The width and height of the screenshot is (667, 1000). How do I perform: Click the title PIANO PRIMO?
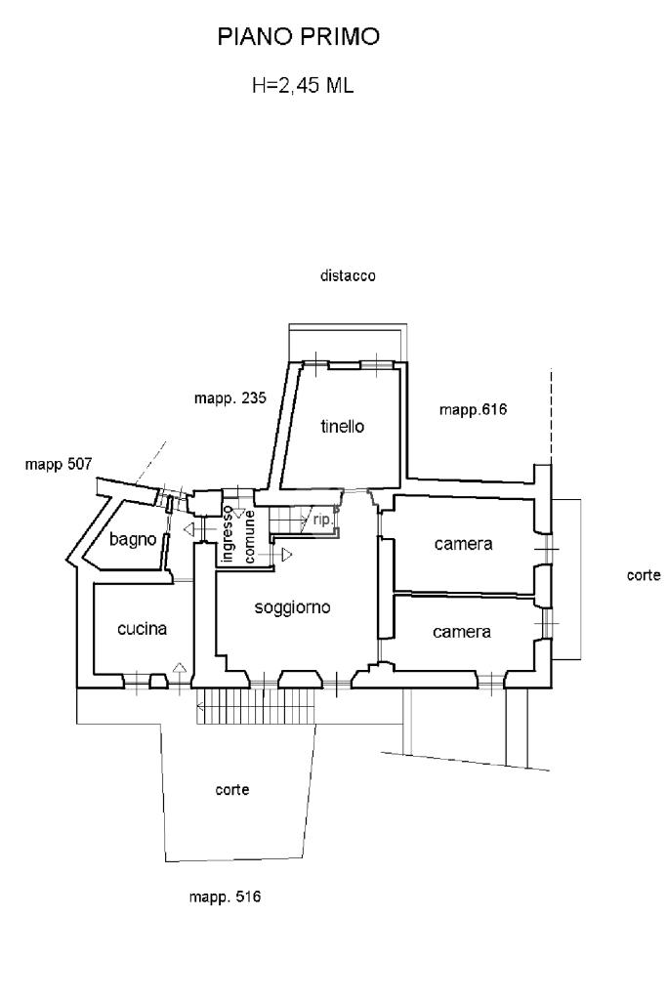(x=299, y=37)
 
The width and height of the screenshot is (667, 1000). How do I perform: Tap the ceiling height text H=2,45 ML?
(x=303, y=86)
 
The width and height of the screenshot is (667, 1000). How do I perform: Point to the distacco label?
(x=348, y=276)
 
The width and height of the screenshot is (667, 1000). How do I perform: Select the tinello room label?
(x=343, y=426)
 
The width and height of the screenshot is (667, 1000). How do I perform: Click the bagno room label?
(x=133, y=539)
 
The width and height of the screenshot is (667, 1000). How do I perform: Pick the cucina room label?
(x=143, y=629)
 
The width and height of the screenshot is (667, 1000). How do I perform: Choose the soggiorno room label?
(x=293, y=607)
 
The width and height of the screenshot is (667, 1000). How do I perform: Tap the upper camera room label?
(x=464, y=544)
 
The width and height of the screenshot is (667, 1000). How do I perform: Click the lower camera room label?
(x=462, y=632)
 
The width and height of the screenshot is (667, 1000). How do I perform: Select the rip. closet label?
(x=323, y=520)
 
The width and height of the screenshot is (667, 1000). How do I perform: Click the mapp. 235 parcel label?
(x=230, y=398)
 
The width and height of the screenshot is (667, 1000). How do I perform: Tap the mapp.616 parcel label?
(x=473, y=409)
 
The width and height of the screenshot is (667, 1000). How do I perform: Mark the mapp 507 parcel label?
(x=59, y=464)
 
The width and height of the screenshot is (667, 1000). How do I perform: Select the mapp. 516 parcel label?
(x=225, y=896)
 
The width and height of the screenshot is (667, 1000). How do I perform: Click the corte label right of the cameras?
(x=644, y=575)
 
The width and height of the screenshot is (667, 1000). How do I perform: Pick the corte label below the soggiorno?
(x=232, y=789)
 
